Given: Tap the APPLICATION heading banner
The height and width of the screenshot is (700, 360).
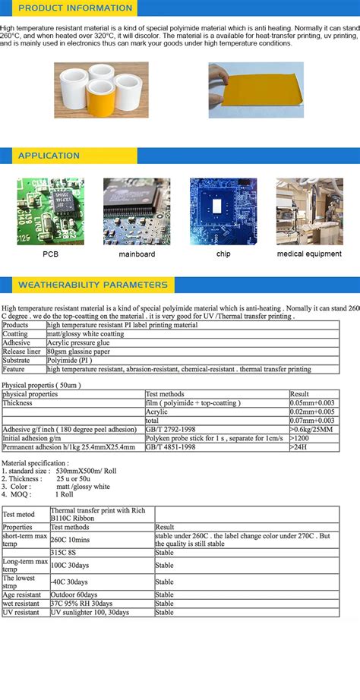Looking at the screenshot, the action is [49, 156].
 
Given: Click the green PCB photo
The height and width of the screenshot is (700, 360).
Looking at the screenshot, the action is [50, 212].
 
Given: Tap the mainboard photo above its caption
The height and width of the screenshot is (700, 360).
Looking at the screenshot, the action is [137, 212].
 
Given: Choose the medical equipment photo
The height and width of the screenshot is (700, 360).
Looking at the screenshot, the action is [309, 212].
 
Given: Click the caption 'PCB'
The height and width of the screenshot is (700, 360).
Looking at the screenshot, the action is [50, 254].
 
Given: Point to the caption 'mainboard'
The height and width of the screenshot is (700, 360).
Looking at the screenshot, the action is [137, 254].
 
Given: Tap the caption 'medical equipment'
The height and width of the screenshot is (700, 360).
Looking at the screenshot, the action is [309, 254].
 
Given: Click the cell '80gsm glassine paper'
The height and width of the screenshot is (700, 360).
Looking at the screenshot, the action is [77, 352].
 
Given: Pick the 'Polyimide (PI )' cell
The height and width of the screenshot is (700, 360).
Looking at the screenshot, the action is [70, 360].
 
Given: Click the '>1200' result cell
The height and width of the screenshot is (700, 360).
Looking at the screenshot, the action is [302, 438].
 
